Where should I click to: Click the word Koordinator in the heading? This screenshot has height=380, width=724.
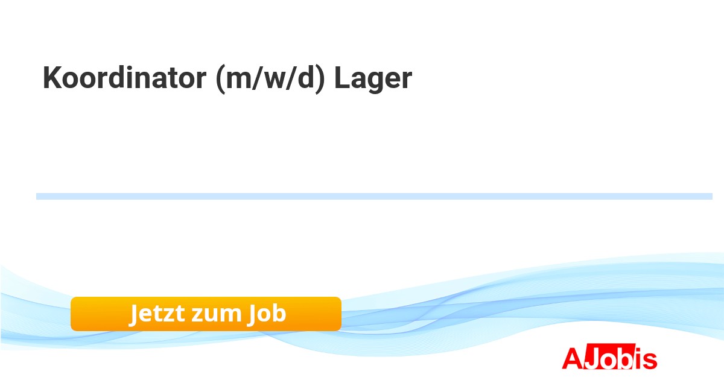coord(124,77)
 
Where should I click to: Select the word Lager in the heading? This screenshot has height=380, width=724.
coord(373,79)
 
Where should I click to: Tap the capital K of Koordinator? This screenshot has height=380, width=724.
coord(52,77)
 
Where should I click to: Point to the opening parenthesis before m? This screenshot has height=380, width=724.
coord(220,79)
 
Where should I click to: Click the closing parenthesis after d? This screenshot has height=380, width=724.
coord(320,79)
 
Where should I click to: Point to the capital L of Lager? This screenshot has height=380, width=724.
coord(342,77)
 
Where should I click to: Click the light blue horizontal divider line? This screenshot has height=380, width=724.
coord(374,197)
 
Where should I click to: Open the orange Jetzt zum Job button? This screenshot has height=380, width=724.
coord(206,314)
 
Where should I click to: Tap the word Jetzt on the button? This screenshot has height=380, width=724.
coord(157,314)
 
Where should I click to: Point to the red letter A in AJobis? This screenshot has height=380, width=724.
coord(573,358)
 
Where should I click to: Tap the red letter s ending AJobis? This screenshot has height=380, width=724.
coord(650,361)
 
